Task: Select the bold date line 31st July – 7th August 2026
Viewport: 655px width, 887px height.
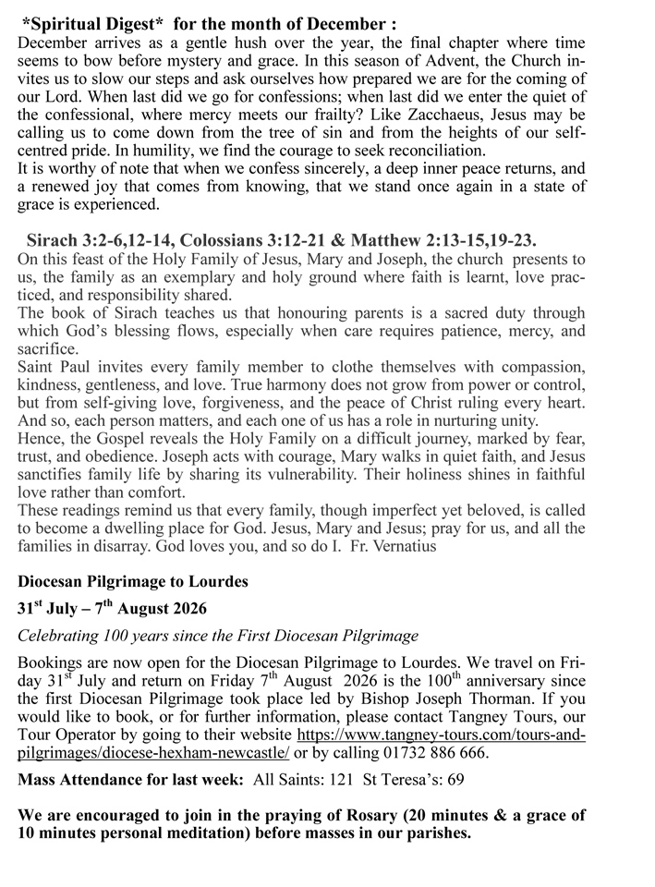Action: point(112,611)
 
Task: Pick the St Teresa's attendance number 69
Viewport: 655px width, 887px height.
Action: point(455,779)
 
